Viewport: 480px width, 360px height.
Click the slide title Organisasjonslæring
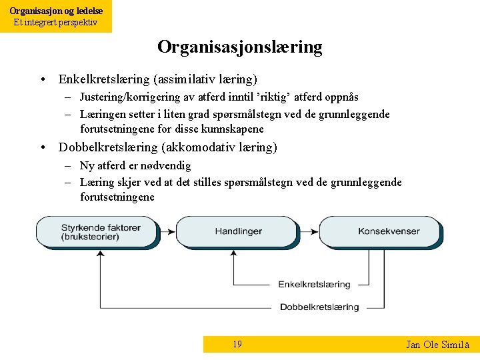tap(239, 47)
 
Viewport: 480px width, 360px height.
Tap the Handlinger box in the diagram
tap(238, 231)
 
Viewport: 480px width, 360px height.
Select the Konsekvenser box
tap(389, 231)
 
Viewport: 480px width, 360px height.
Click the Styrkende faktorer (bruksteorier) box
tap(101, 231)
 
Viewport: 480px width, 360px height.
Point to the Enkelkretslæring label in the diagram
tap(314, 285)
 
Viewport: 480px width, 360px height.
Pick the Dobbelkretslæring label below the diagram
tap(319, 307)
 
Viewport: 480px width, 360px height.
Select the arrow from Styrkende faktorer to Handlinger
tap(167, 231)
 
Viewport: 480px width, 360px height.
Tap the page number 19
tap(237, 345)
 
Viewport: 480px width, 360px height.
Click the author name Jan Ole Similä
tap(437, 345)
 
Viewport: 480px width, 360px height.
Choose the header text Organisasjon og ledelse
tap(56, 11)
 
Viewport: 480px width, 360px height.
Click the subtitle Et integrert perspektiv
tap(56, 23)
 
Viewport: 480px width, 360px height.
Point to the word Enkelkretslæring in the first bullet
tap(103, 79)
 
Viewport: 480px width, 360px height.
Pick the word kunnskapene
tap(231, 129)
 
